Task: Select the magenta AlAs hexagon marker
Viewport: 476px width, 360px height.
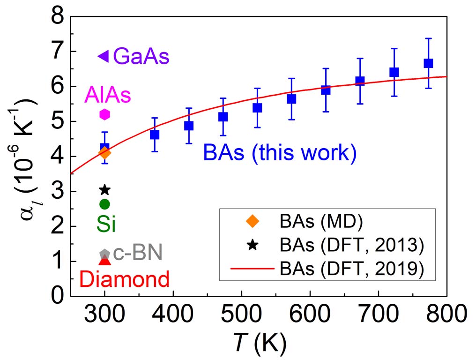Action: (x=104, y=114)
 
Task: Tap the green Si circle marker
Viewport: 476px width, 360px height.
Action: (x=104, y=204)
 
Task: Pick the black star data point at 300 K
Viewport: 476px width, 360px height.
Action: (x=104, y=190)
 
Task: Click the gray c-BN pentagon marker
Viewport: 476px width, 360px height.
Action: (x=104, y=254)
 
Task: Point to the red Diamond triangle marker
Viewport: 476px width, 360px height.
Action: (x=104, y=261)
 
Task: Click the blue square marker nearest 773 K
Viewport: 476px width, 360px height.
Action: (x=428, y=63)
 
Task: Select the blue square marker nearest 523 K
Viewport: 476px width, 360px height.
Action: (x=257, y=108)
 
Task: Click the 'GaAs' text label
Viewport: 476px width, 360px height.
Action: (x=141, y=57)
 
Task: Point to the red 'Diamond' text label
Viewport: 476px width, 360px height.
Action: (x=124, y=279)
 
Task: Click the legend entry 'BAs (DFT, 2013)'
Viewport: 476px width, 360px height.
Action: (x=351, y=245)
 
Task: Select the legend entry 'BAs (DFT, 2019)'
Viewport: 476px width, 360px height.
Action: (x=351, y=269)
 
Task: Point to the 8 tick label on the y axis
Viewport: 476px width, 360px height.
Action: (x=57, y=17)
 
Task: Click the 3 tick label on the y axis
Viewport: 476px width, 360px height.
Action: (x=57, y=192)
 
